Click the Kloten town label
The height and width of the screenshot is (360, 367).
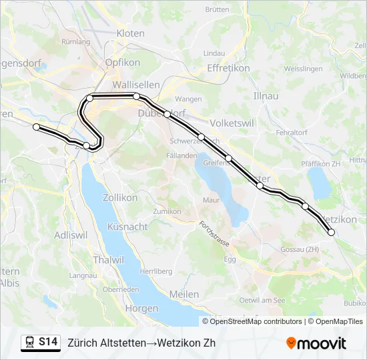130,33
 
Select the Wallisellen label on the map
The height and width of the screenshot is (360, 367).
135,85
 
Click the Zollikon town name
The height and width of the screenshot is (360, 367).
120,197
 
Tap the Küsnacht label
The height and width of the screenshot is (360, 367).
127,227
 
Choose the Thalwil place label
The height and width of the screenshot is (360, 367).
107,259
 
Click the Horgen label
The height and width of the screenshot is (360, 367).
141,308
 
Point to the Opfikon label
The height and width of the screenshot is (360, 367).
121,62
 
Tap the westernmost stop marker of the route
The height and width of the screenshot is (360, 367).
37,127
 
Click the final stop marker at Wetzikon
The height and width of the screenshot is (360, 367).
331,232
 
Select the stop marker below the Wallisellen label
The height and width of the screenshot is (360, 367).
136,97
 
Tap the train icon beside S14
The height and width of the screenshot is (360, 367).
30,343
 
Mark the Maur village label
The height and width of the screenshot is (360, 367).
212,199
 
